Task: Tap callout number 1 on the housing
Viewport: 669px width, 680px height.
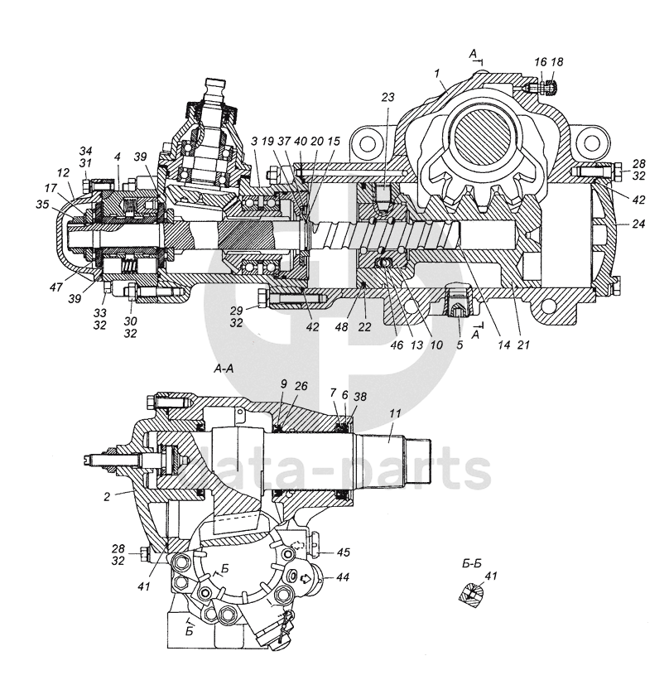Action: coord(436,73)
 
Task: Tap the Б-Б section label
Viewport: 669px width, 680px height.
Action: coord(472,563)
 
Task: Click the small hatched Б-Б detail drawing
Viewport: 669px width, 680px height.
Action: coord(469,594)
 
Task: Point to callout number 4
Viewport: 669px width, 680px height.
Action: coord(118,156)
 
